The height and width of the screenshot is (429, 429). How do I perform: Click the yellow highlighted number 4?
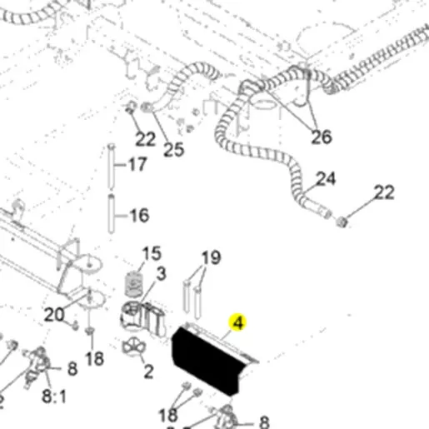[237, 322]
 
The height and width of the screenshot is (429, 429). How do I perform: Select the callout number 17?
[137, 164]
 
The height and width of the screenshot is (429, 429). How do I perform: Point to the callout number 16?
[139, 215]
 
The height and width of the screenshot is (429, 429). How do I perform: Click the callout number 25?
[174, 150]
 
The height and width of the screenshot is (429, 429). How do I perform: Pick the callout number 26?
[322, 137]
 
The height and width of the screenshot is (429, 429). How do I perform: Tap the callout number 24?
[326, 178]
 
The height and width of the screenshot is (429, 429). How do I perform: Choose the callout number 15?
[152, 253]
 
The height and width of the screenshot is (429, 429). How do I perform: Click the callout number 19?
[212, 257]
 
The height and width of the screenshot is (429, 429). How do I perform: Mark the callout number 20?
[54, 315]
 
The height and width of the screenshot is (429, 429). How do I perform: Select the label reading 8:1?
[54, 396]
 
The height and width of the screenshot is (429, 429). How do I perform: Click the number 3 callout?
[162, 274]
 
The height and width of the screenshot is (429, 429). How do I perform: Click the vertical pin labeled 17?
[111, 167]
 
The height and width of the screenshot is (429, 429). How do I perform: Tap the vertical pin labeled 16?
[111, 214]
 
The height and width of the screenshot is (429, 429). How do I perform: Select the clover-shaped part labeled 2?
[134, 347]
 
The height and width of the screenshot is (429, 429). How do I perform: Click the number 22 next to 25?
[145, 139]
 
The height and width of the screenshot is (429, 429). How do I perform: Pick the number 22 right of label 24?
[384, 192]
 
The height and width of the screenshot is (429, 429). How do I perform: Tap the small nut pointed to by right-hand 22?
[342, 222]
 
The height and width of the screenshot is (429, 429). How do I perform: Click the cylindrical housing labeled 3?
[131, 316]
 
